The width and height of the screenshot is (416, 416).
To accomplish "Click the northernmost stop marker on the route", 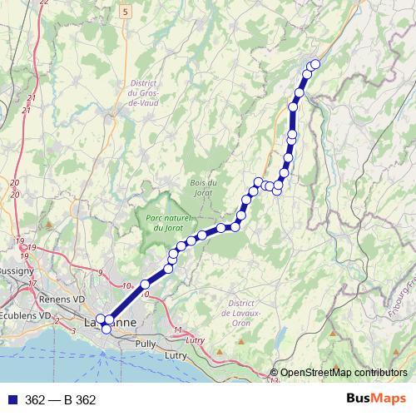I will point(315,64).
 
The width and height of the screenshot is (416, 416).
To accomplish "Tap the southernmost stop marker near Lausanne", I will point(106,329).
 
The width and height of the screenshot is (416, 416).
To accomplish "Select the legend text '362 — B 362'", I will point(60,400).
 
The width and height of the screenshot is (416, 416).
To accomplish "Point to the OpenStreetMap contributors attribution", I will point(343,373).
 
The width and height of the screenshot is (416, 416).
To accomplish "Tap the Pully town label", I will point(145,343).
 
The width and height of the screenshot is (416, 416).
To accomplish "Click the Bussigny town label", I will point(16,271).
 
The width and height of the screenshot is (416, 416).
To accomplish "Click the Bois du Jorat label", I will point(202,188).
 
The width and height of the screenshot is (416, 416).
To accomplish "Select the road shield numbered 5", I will point(125,12).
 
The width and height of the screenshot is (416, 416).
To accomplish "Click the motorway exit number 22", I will point(43,2).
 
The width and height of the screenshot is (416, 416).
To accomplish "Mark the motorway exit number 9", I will point(100,273).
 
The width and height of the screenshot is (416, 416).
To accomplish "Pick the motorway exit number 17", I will point(33,285).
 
